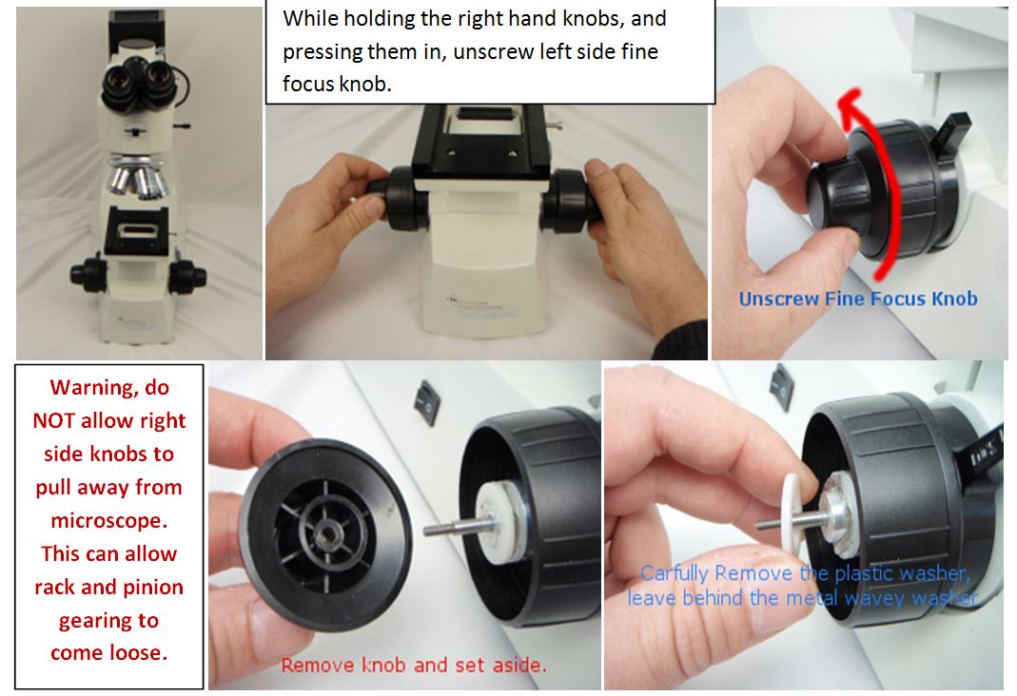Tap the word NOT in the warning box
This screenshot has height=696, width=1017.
pos(53,421)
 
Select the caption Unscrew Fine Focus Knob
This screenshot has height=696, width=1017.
pos(858,299)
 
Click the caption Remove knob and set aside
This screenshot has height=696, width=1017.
pos(414,665)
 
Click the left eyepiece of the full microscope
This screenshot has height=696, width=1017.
pos(118,83)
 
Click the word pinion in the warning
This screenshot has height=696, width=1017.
pos(151,587)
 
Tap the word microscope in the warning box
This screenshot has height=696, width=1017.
pos(109,520)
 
